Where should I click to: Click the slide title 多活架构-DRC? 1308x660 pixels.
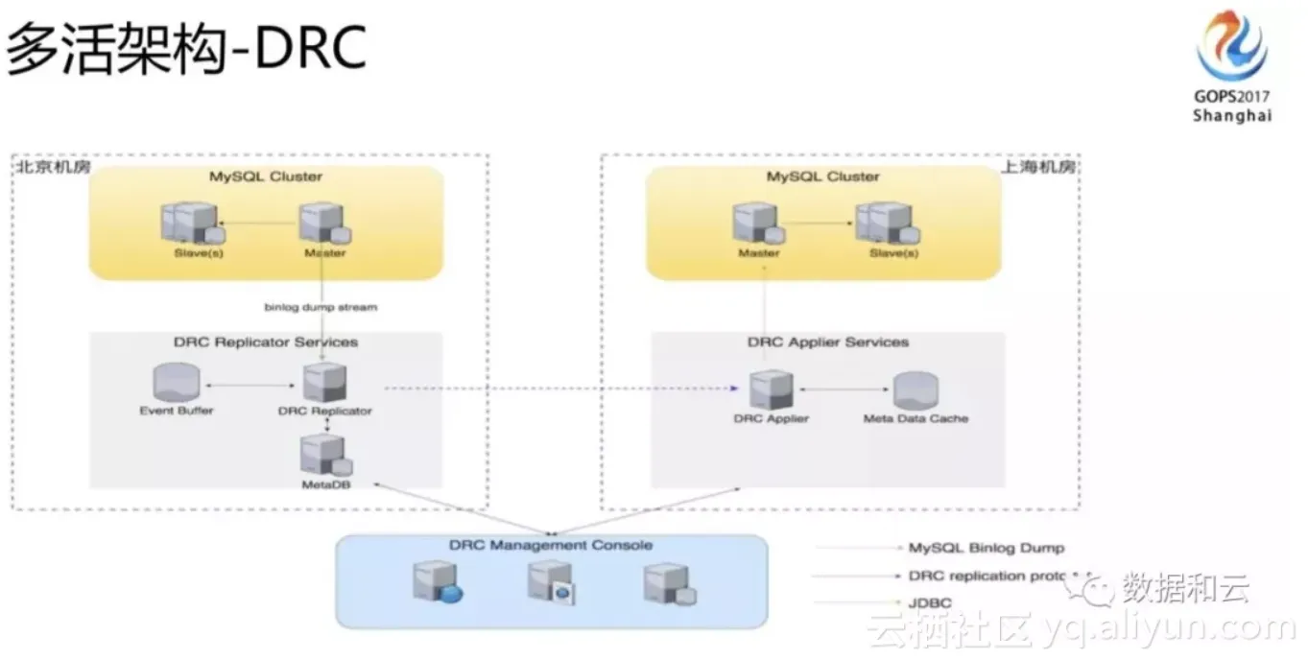point(187,50)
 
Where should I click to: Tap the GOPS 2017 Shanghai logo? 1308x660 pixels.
point(1231,67)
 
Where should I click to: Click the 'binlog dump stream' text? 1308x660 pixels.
point(321,307)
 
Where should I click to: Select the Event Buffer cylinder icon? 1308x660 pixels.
point(177,385)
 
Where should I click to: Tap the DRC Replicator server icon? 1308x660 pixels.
point(324,383)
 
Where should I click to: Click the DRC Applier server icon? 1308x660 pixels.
point(772,389)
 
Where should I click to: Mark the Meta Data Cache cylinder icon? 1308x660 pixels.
point(916,391)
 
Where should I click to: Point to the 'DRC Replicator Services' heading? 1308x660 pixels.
point(265,342)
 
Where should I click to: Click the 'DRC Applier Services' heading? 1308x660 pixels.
point(827,342)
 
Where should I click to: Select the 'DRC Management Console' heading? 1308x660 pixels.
point(550,545)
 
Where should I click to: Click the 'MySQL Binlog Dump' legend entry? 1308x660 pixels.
point(986,548)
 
